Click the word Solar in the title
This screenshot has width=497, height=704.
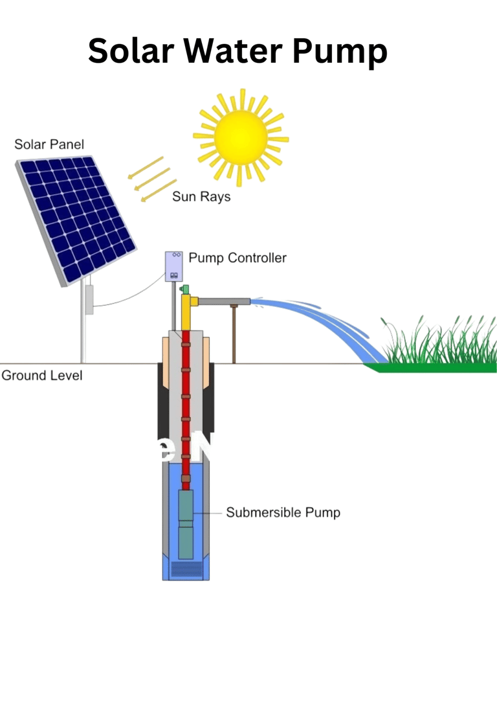[131, 51]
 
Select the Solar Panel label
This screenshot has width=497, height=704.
[49, 144]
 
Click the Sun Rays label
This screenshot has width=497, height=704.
[201, 197]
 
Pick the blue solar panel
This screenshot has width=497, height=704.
[76, 220]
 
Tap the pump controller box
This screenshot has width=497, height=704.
[173, 266]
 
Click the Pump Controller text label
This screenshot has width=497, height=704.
[237, 258]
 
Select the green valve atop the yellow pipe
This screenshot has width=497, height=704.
[184, 289]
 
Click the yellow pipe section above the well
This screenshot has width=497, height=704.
[186, 313]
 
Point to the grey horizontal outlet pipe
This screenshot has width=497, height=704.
[224, 301]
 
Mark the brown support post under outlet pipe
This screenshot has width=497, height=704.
[234, 334]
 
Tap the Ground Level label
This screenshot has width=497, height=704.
[42, 376]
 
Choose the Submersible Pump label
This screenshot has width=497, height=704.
[283, 513]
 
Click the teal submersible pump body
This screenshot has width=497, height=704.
[186, 525]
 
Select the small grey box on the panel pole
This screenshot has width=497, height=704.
[89, 299]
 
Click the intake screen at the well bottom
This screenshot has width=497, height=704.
[186, 569]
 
